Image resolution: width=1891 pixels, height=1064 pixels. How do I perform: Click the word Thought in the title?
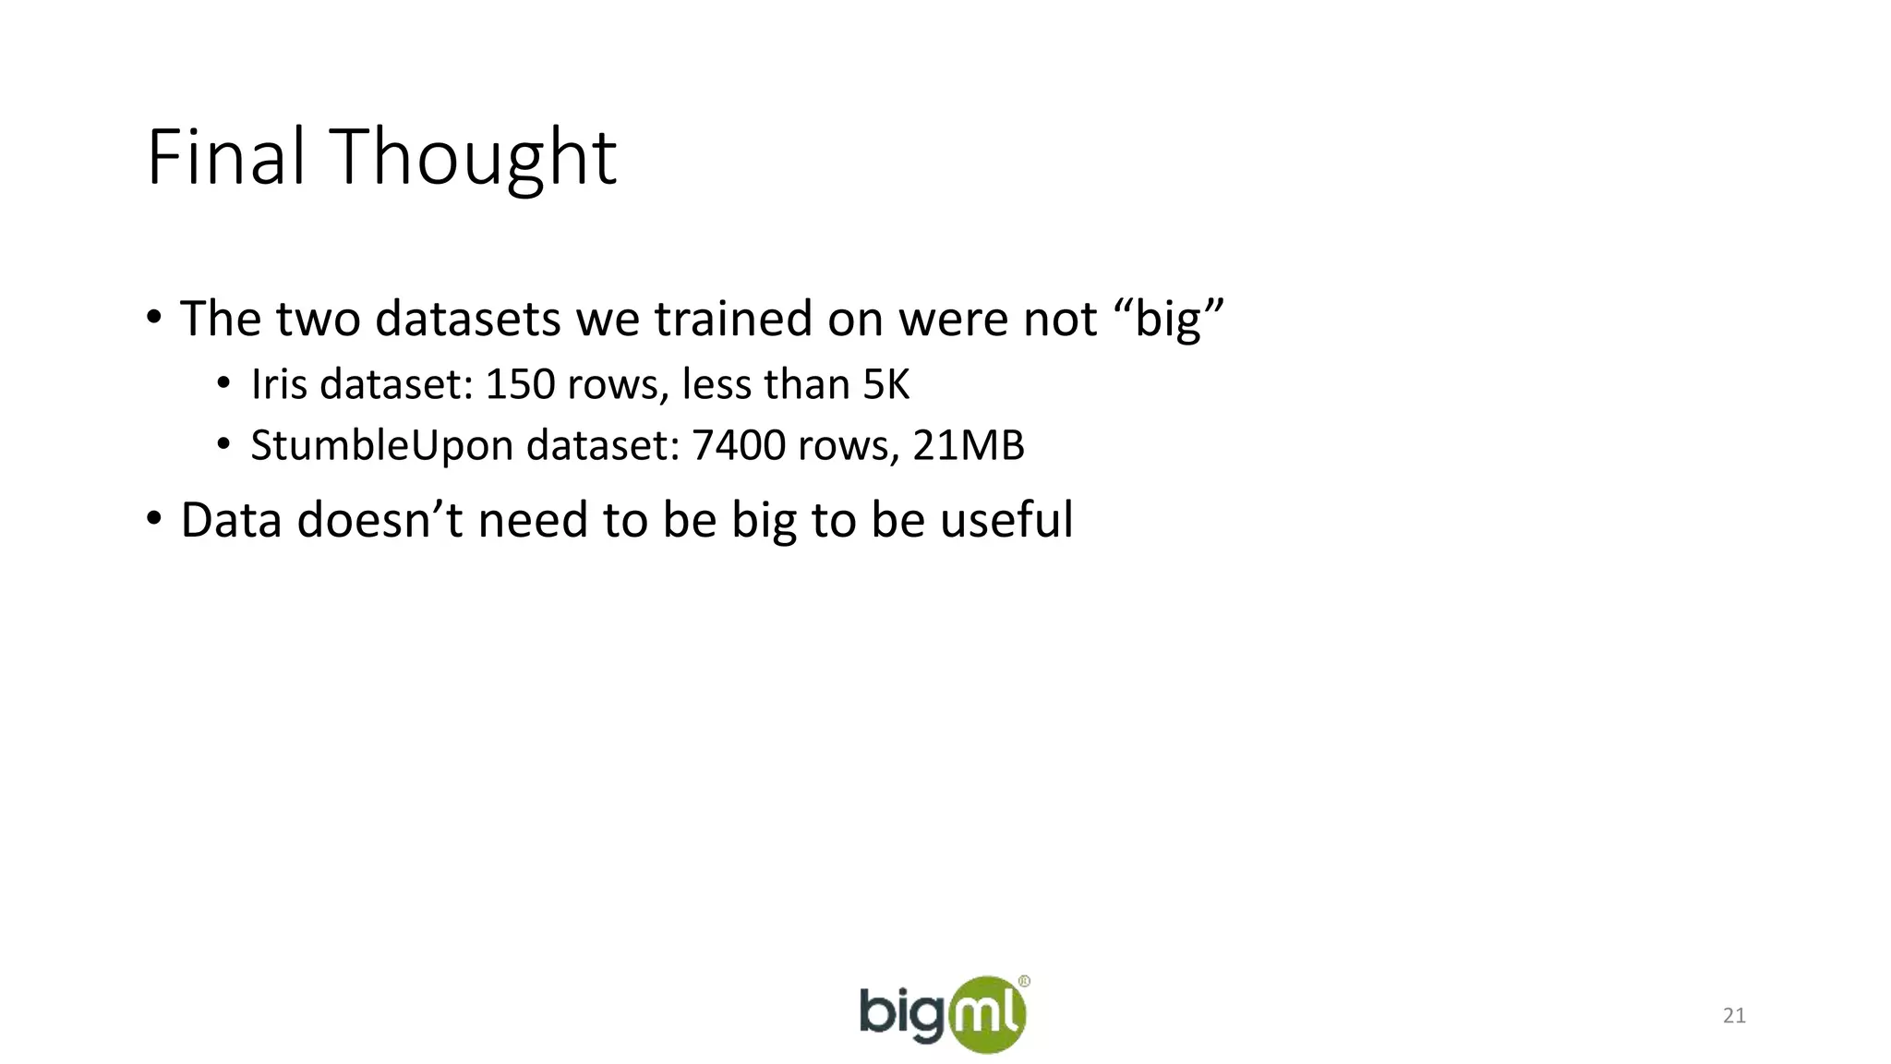[473, 159]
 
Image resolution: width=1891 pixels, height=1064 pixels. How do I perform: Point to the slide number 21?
[1734, 1016]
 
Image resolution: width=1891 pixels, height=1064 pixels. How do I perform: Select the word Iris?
[279, 384]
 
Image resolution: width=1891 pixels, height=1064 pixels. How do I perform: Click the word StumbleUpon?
[381, 446]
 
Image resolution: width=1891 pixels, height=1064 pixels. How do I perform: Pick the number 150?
[519, 384]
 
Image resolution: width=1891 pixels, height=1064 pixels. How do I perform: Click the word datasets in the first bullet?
[468, 319]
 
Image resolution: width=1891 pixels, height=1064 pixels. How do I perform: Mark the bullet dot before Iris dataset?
[223, 384]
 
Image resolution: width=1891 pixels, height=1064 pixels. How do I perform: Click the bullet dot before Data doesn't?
[154, 519]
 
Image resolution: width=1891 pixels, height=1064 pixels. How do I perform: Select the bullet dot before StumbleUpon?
[223, 445]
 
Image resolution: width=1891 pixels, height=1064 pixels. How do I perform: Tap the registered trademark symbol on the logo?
[1024, 982]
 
